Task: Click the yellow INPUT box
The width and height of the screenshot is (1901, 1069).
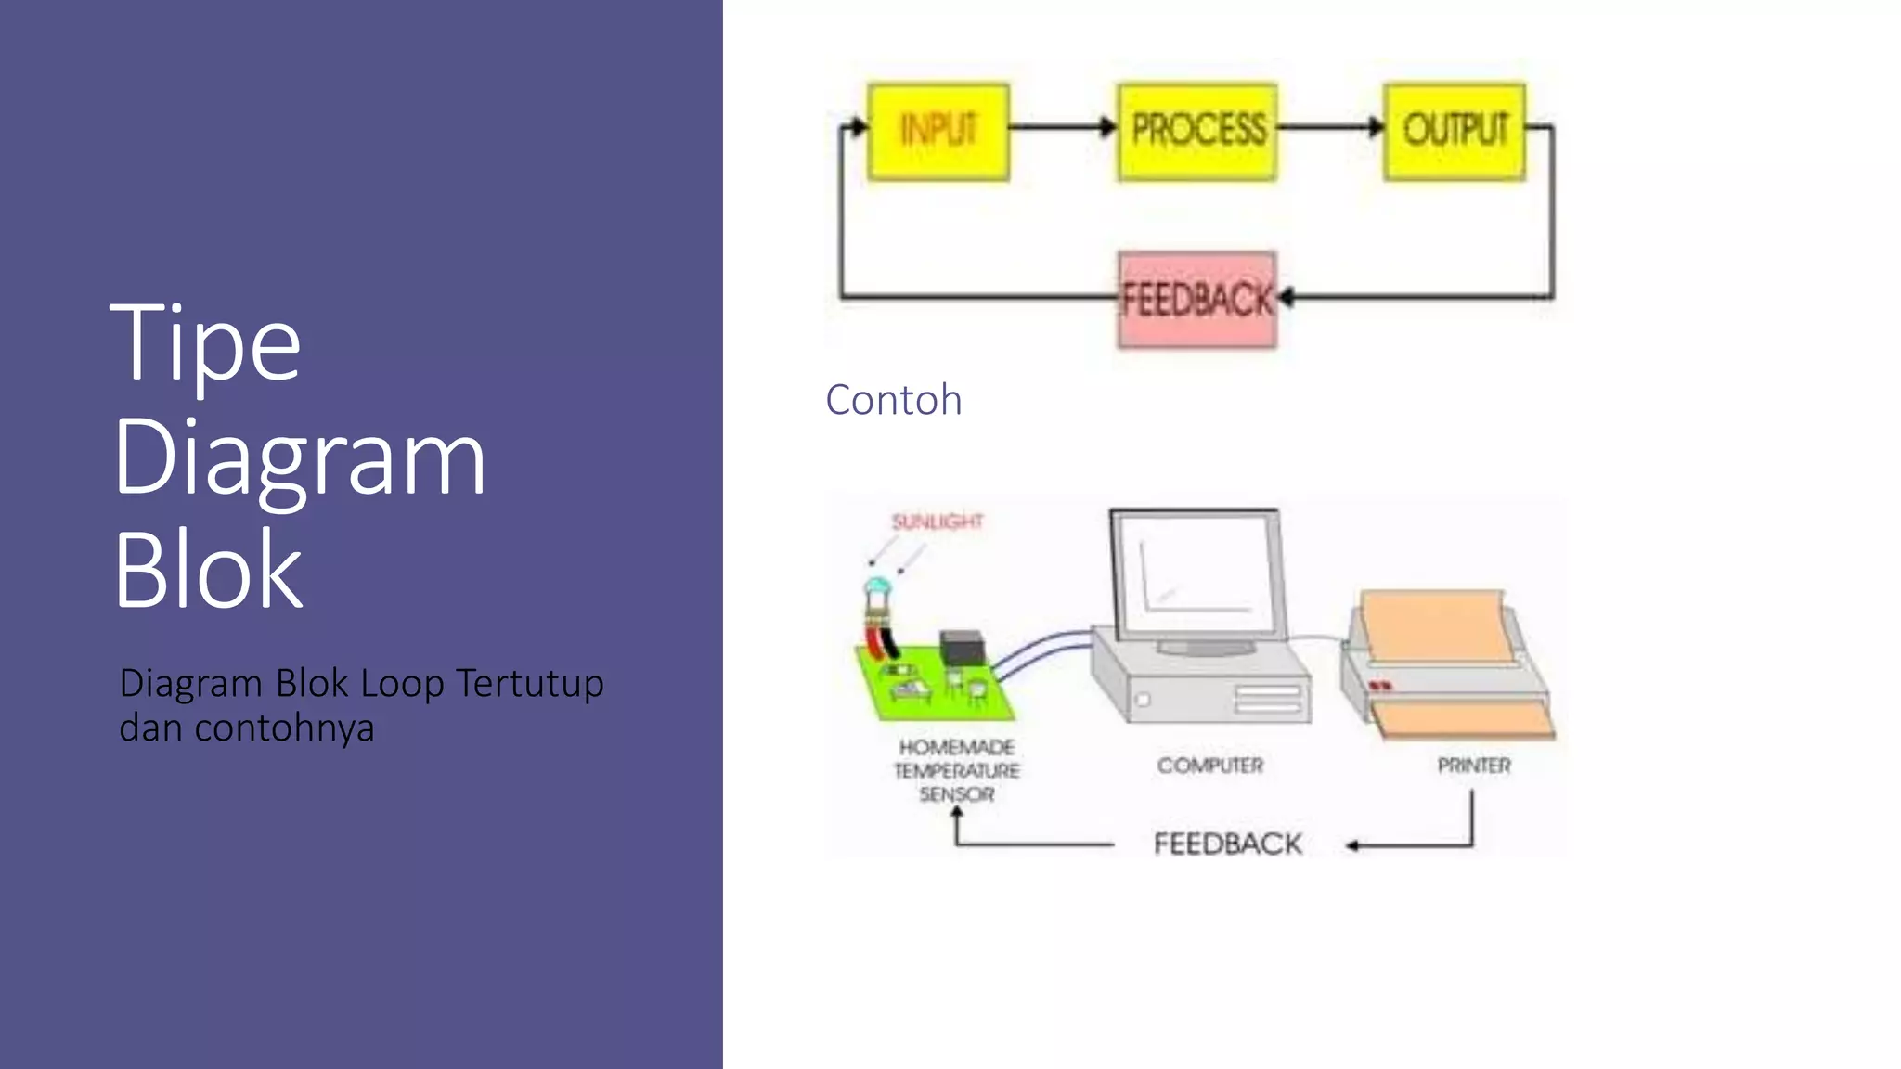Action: [938, 131]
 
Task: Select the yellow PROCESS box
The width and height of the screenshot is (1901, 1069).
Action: [1196, 131]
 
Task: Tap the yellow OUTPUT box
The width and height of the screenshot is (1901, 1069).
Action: [1454, 131]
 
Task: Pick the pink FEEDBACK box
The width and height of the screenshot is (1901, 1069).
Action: [1196, 300]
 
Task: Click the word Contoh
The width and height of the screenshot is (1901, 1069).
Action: [893, 400]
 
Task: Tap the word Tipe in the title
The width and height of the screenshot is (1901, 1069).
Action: [205, 344]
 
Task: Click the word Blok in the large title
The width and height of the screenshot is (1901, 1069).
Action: [208, 570]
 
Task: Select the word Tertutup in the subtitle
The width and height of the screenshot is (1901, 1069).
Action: [529, 684]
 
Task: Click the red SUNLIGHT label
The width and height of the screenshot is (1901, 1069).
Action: [937, 522]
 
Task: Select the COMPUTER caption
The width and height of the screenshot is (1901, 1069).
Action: [1209, 766]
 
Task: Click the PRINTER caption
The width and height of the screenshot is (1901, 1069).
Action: [1473, 766]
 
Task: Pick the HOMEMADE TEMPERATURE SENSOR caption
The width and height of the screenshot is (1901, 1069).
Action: [956, 771]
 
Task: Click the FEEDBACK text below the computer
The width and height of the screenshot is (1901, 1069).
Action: [1227, 844]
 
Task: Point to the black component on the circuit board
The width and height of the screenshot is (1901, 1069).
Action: [961, 647]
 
